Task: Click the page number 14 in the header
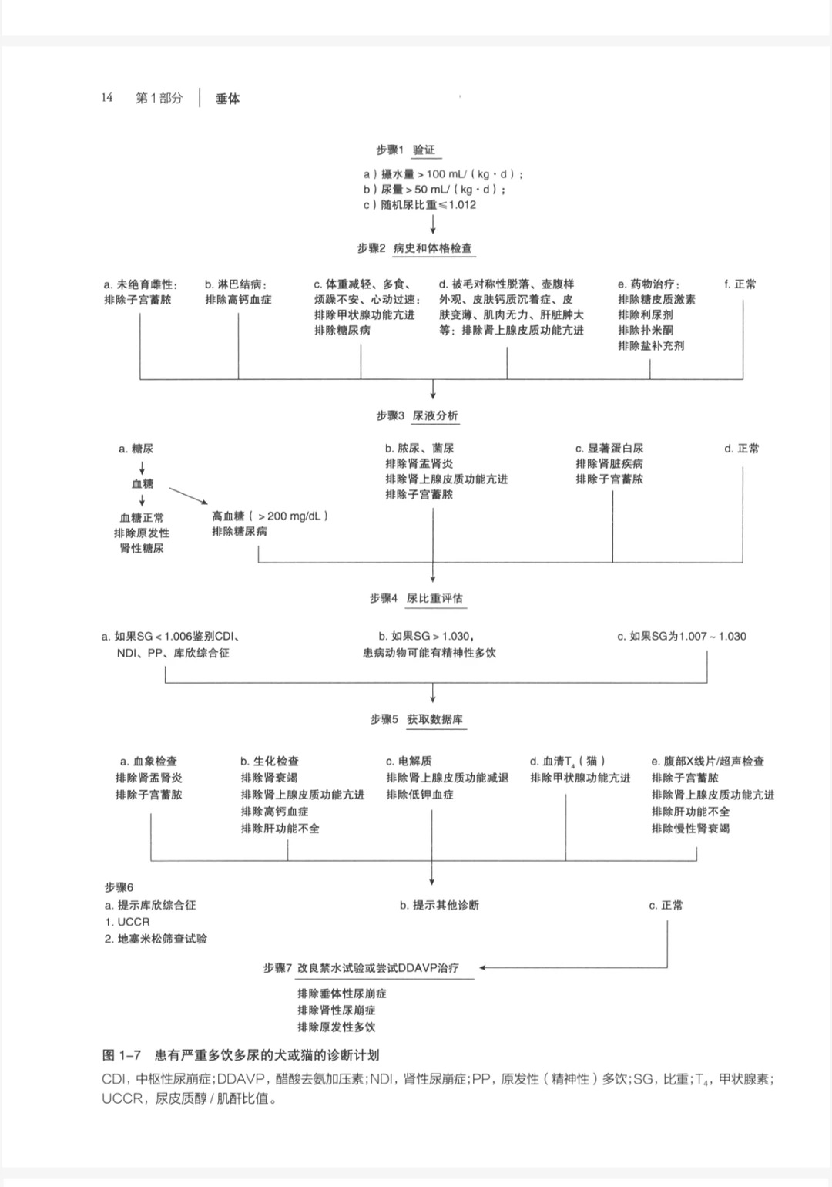(106, 98)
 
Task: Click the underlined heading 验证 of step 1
(424, 150)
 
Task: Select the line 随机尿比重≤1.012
(421, 205)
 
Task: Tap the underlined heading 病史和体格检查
(432, 248)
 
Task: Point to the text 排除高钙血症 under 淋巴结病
(238, 300)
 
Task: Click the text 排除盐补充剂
(651, 346)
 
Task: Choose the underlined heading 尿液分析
(435, 415)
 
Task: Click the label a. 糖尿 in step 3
(136, 449)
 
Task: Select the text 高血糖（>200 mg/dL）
(270, 516)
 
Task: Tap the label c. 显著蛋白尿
(609, 449)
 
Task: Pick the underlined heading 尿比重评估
(435, 598)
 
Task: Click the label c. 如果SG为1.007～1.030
(682, 637)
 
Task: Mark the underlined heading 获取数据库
(435, 719)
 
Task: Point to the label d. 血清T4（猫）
(568, 762)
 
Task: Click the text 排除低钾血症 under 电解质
(420, 795)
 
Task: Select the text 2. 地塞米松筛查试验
(156, 939)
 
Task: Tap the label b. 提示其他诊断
(439, 905)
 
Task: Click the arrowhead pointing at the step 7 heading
(483, 967)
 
